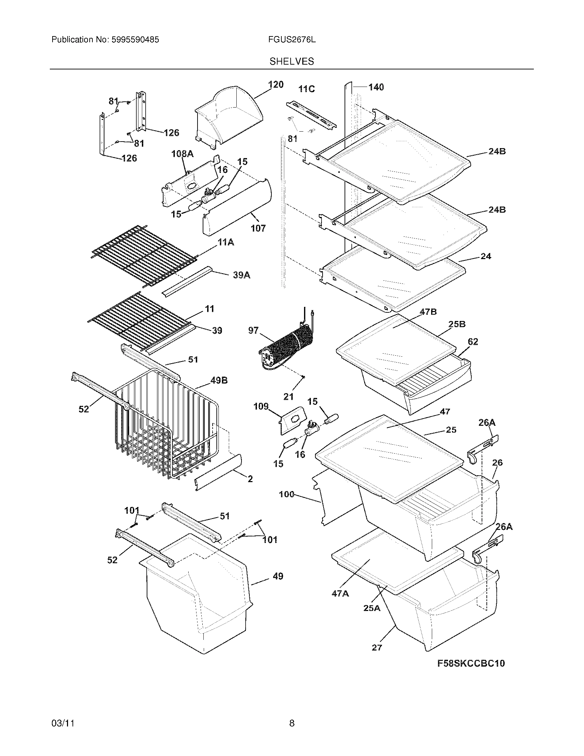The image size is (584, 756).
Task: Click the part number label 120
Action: coord(276,85)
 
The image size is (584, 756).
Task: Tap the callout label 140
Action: coord(376,87)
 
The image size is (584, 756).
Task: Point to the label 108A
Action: coord(182,154)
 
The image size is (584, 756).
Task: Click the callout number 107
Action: coord(258,228)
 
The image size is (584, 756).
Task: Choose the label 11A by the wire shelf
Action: coord(226,242)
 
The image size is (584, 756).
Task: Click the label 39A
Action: coord(242,275)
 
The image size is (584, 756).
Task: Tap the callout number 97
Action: coord(253,331)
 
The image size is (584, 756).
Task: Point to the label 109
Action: coord(261,407)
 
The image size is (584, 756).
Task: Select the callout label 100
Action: coord(287,494)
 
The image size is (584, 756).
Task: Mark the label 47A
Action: coord(340,594)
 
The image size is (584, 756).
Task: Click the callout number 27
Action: coord(377,647)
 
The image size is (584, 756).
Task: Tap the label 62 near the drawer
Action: coord(473,342)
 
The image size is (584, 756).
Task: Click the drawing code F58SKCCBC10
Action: coord(471,663)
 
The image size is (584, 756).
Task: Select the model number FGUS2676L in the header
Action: coord(292,40)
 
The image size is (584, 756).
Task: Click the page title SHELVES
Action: coord(292,62)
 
